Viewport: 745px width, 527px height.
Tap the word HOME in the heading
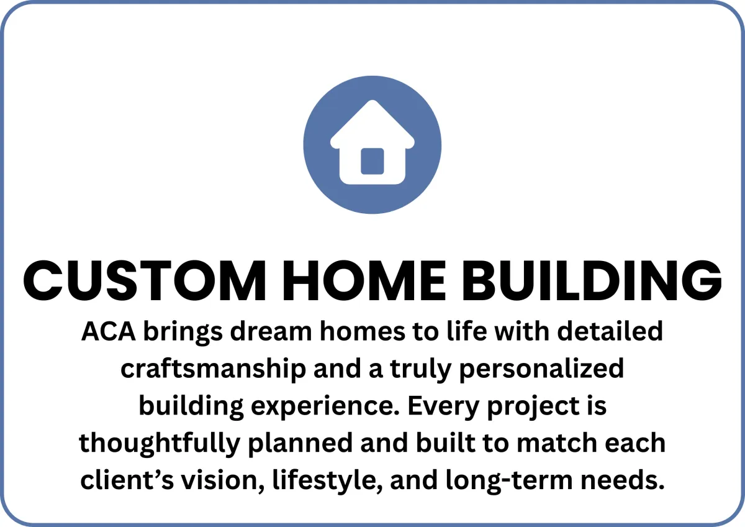[364, 280]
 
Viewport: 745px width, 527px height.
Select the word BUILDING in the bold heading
[592, 280]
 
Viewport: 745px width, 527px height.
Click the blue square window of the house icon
[372, 161]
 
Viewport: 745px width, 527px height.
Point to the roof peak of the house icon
[372, 101]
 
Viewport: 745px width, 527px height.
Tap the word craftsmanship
[213, 369]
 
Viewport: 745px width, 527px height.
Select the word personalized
[542, 369]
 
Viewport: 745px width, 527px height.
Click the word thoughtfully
[160, 443]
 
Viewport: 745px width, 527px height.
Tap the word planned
[300, 443]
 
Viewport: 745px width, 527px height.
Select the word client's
[127, 479]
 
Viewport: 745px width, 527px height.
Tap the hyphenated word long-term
[509, 480]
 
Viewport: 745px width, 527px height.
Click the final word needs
[623, 479]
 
